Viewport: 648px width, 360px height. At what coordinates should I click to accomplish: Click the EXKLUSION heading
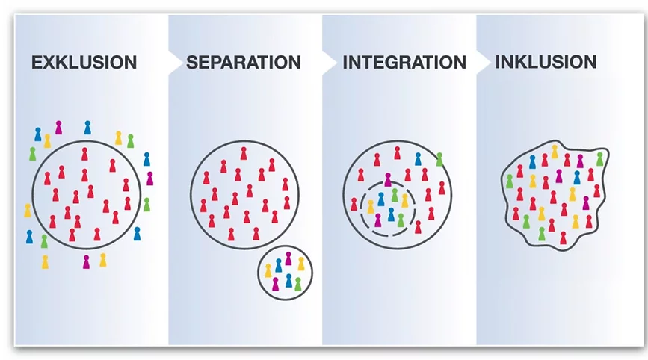click(x=84, y=63)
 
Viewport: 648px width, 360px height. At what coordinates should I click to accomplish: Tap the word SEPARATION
click(x=243, y=63)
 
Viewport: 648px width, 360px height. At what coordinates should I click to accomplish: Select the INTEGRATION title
click(x=404, y=63)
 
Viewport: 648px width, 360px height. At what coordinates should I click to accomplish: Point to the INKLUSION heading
click(x=546, y=61)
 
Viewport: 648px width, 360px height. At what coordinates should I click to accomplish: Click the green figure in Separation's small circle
click(x=297, y=284)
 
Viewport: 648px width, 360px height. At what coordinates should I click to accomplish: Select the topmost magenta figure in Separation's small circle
click(x=288, y=258)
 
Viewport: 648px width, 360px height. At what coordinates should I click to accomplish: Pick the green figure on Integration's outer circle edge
click(x=439, y=159)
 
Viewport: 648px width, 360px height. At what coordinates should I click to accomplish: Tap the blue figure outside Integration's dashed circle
click(x=417, y=159)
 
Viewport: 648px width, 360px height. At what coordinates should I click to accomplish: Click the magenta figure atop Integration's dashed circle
click(x=387, y=179)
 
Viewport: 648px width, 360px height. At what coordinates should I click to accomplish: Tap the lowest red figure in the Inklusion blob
click(x=563, y=238)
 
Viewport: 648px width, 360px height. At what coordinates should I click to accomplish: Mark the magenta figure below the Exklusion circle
click(x=87, y=261)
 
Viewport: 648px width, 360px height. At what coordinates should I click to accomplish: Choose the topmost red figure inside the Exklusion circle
click(x=84, y=155)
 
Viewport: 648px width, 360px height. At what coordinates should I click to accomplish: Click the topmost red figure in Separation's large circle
click(x=243, y=153)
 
